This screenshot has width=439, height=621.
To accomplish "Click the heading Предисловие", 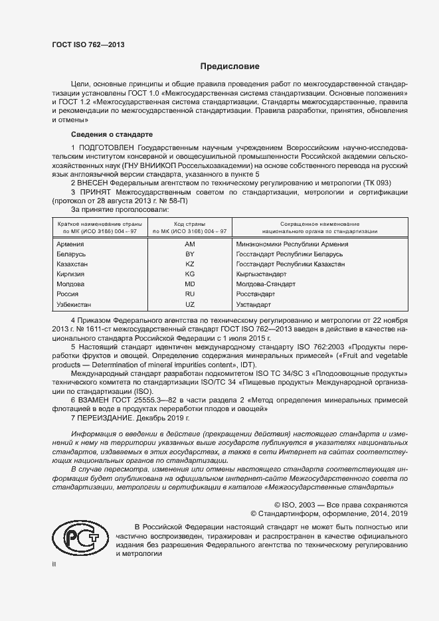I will tap(230, 67).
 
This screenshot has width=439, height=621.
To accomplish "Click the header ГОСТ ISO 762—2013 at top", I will tap(88, 44).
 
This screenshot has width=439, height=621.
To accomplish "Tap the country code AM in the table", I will tap(189, 244).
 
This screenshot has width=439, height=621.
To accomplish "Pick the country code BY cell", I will tap(189, 254).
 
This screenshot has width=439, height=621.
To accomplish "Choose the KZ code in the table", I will tap(189, 264).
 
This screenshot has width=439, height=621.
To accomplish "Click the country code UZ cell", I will tap(189, 305).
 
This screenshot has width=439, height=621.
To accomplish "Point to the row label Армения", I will tap(72, 244).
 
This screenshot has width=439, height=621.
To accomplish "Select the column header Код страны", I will tap(189, 224).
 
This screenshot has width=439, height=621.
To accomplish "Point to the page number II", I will tap(54, 564).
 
